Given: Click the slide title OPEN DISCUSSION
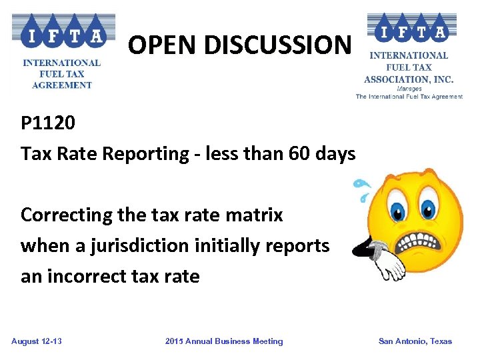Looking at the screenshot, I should [239, 45].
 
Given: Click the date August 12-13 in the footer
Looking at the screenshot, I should [37, 341].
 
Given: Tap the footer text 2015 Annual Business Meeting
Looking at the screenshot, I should [224, 341].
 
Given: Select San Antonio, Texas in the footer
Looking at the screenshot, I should [415, 341].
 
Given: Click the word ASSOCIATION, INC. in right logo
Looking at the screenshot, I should [409, 79].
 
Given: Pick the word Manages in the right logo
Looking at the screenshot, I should [409, 88].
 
